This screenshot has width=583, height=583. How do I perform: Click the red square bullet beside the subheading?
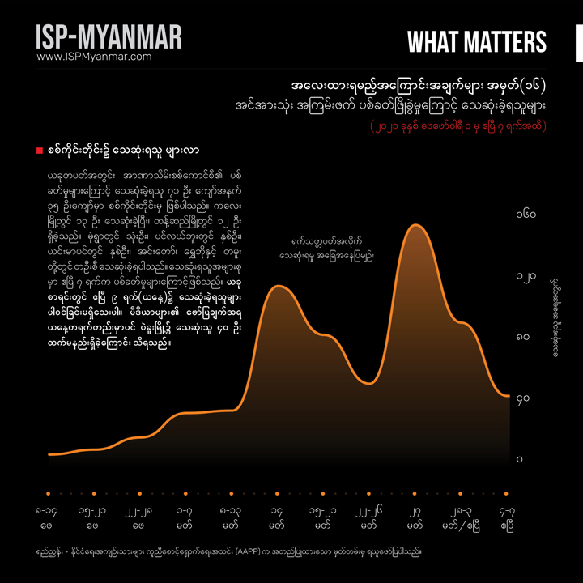[40, 151]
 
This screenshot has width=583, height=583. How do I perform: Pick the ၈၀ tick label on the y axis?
[525, 337]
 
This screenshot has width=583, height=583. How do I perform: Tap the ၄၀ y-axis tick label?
[525, 398]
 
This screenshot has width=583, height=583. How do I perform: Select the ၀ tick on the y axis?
[521, 459]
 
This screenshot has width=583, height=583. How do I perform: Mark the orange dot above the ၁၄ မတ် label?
[279, 493]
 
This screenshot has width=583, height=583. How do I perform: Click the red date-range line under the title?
[457, 126]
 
